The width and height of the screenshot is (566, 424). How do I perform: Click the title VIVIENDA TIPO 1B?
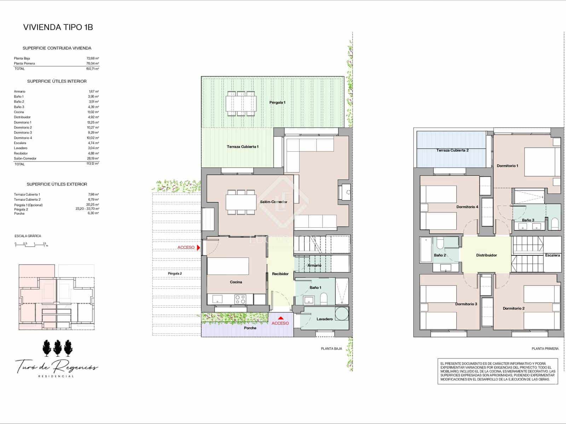[58, 27]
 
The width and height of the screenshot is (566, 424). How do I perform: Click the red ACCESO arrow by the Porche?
[281, 318]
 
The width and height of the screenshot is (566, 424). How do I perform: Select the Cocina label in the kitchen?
[236, 282]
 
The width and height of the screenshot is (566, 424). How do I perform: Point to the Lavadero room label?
[324, 319]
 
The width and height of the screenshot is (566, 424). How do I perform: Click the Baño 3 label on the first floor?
[528, 220]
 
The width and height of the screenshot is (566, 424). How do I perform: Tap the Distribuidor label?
[486, 255]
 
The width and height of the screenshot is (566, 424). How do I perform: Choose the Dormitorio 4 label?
[467, 207]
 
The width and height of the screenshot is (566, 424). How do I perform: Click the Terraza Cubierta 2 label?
[452, 150]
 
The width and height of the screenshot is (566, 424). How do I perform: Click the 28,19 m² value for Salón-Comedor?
[93, 159]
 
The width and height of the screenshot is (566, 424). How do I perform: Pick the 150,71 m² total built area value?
[93, 69]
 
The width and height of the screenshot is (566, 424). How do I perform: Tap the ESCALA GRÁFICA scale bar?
[31, 245]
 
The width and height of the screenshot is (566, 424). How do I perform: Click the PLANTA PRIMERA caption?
[545, 349]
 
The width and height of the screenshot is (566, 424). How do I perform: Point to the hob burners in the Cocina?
[240, 299]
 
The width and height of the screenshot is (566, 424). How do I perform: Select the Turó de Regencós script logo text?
[57, 367]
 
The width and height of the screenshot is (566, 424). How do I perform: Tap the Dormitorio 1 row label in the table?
[23, 122]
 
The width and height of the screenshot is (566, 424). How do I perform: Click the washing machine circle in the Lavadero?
[342, 313]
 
